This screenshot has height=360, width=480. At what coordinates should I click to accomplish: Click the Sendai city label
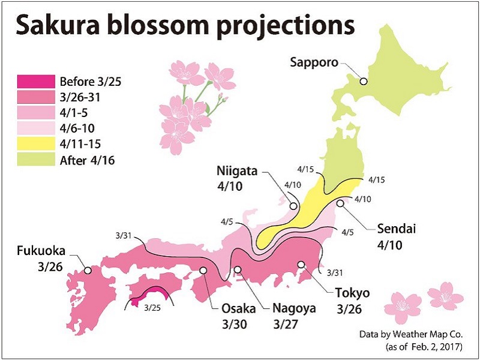point(397,229)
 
